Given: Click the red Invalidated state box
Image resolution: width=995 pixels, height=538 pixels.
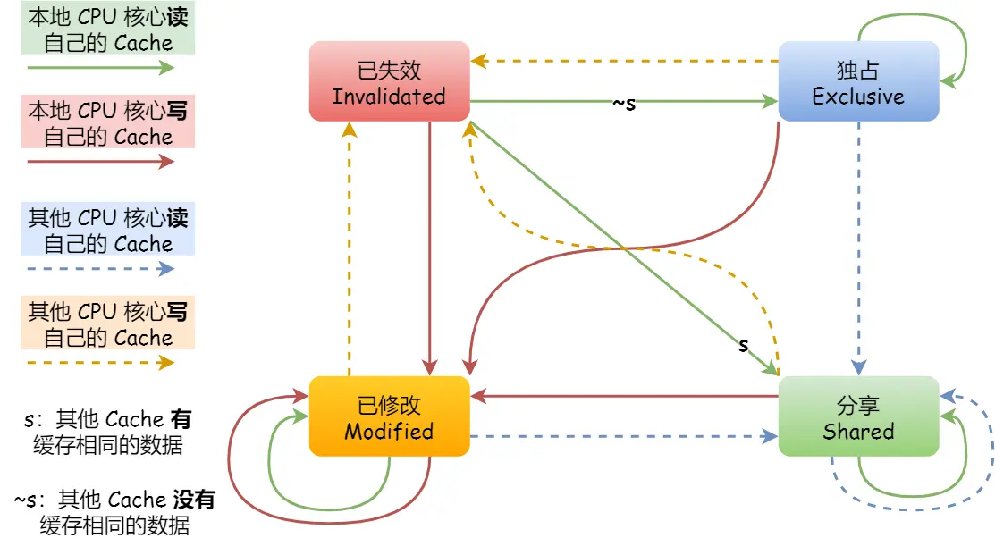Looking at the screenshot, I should pyautogui.click(x=389, y=81).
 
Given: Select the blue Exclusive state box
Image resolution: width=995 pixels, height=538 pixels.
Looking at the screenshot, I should pyautogui.click(x=858, y=81).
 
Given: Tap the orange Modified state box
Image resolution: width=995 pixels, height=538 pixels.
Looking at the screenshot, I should pyautogui.click(x=389, y=416).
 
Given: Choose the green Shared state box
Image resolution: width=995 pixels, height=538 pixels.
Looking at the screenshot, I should pyautogui.click(x=858, y=416).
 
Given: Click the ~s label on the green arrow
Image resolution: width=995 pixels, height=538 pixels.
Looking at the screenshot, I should pyautogui.click(x=624, y=103).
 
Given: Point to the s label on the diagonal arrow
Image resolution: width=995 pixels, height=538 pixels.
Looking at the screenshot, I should pyautogui.click(x=743, y=345).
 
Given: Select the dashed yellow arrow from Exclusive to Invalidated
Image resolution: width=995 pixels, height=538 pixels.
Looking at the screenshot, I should pyautogui.click(x=626, y=62).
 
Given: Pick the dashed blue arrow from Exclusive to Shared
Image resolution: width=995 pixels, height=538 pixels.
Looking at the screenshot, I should pyautogui.click(x=859, y=250).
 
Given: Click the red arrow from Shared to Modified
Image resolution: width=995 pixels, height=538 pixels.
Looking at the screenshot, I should pyautogui.click(x=626, y=395).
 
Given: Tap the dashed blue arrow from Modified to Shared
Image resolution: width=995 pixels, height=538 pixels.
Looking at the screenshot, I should pyautogui.click(x=626, y=437).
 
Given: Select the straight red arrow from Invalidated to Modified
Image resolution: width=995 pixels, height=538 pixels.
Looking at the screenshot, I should pyautogui.click(x=431, y=250).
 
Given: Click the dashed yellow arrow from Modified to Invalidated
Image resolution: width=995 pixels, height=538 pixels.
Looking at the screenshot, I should pyautogui.click(x=350, y=250).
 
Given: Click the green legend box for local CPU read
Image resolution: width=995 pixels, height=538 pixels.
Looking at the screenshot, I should pyautogui.click(x=108, y=29).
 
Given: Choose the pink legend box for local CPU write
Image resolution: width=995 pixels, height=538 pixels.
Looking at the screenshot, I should pyautogui.click(x=108, y=124).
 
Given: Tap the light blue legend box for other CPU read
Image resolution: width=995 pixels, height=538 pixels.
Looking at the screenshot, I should pyautogui.click(x=108, y=231).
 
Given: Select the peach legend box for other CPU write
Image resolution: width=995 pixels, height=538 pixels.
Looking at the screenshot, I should pyautogui.click(x=108, y=324).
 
